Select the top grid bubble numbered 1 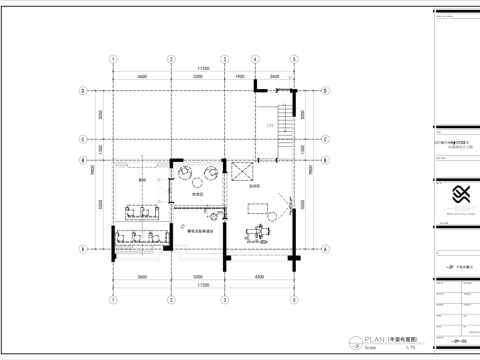(113, 59)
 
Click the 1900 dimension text (241, 75)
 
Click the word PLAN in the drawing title (359, 339)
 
